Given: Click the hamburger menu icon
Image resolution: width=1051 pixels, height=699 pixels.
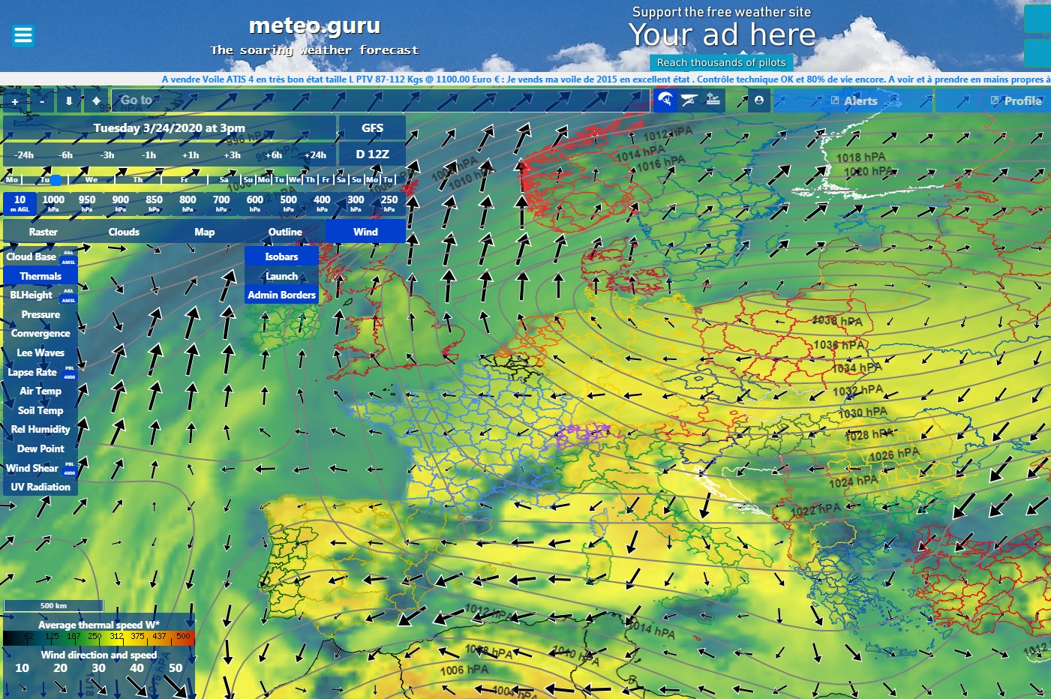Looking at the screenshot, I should point(23,35).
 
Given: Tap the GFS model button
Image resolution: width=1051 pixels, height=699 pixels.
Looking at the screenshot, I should point(372,128).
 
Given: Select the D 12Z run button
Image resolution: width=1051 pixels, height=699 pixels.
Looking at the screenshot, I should point(372,154).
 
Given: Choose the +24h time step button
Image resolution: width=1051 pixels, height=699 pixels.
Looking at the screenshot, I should point(315,155).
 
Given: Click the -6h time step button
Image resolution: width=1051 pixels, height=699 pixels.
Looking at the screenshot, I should point(66,155).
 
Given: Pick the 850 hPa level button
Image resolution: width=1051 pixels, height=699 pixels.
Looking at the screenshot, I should point(154,202).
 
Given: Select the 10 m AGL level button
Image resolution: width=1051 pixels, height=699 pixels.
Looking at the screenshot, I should point(20,202).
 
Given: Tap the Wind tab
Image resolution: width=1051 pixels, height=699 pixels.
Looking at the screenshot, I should point(365,232).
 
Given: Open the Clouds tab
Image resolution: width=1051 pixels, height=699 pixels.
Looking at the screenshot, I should point(124,232).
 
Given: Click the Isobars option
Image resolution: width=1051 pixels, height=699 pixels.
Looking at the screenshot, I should point(281,256).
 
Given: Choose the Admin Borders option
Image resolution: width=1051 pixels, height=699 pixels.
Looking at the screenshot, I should point(281,295).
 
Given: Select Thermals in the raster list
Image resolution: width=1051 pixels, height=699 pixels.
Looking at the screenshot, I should point(41,276).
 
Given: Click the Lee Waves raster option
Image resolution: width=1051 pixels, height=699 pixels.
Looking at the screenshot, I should point(41,352).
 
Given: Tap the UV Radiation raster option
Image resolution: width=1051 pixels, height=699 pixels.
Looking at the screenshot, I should point(41,487).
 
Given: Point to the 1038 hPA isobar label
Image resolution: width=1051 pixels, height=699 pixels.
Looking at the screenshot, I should point(837,321).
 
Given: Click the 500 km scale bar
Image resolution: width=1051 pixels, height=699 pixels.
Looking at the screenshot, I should point(53,605).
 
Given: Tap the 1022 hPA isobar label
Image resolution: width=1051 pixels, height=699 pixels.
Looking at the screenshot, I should point(815,510).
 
